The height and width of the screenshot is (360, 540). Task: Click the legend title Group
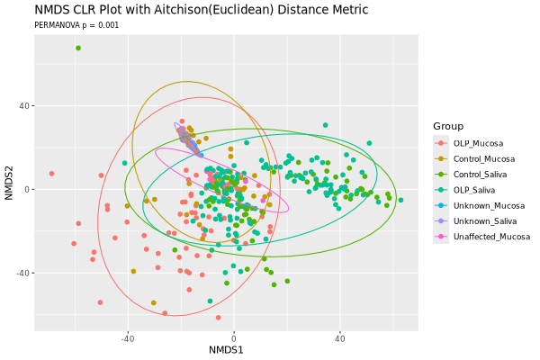pyautogui.click(x=448, y=125)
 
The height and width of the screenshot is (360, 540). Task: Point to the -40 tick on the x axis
pyautogui.click(x=127, y=337)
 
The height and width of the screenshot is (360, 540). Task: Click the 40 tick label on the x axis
pyautogui.click(x=340, y=337)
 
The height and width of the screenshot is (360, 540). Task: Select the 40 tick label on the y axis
pyautogui.click(x=25, y=106)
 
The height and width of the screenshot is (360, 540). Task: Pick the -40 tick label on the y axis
pyautogui.click(x=23, y=273)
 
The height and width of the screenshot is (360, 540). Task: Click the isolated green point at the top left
pyautogui.click(x=78, y=48)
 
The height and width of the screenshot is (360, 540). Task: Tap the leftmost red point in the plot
pyautogui.click(x=51, y=174)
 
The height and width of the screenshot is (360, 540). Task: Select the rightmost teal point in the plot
pyautogui.click(x=400, y=200)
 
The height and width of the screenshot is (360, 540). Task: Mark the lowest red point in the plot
pyautogui.click(x=218, y=318)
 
